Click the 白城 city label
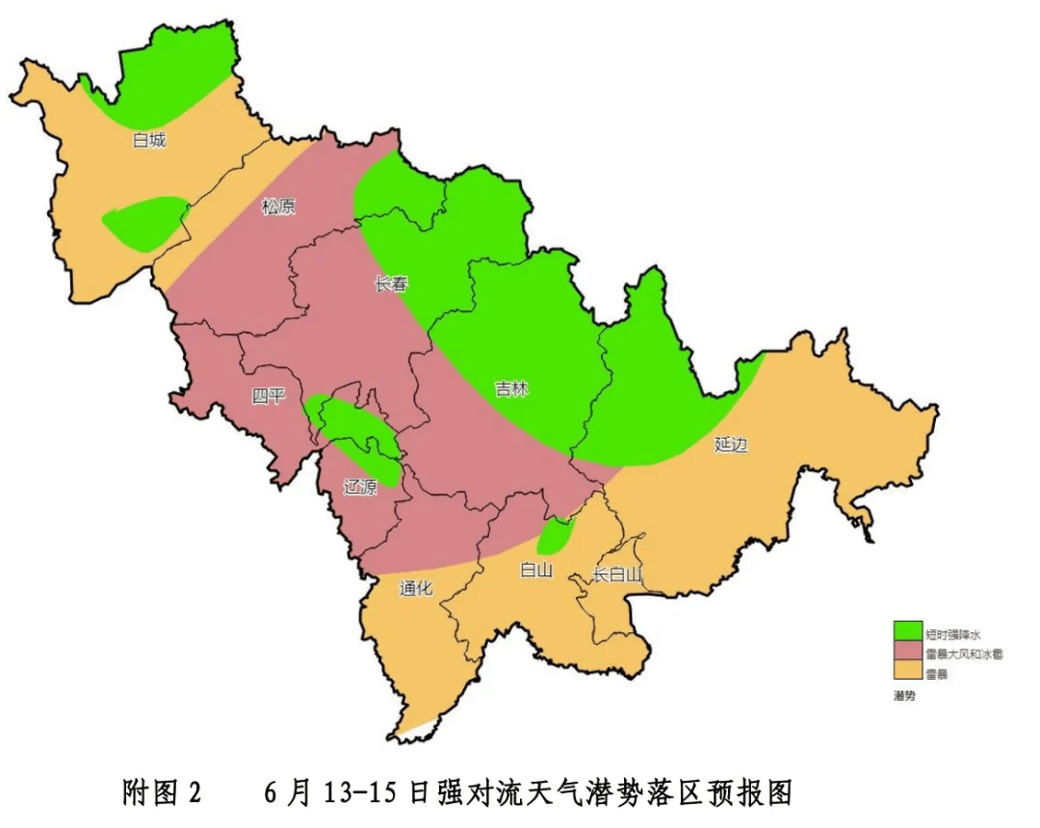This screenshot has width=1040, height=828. tap(149, 141)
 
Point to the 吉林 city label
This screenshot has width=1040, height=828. tap(511, 389)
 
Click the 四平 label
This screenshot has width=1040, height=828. tap(269, 396)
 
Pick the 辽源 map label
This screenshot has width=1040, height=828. tap(360, 487)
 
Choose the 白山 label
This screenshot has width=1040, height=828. tap(535, 570)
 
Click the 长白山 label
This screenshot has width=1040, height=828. tap(616, 575)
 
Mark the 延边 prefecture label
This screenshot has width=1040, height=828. tap(731, 444)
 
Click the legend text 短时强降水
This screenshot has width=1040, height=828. tap(951, 634)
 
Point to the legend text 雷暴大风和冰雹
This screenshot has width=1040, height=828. tap(963, 654)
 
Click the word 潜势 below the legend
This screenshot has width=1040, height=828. tap(904, 695)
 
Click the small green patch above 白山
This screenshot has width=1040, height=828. tap(556, 532)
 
